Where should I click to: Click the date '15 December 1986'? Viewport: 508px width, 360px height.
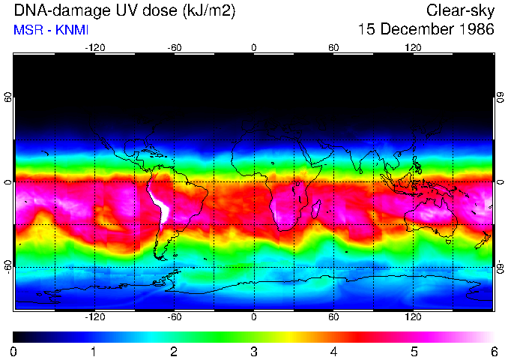426,30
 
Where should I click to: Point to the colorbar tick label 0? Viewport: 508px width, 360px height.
14,351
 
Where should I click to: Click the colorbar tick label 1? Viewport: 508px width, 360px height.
94,351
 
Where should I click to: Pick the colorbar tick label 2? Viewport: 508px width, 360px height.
174,351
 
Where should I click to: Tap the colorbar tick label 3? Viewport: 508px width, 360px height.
253,351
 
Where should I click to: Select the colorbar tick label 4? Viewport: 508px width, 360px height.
333,351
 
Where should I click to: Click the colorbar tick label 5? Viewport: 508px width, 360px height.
414,351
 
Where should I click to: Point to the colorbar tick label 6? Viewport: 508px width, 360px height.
493,351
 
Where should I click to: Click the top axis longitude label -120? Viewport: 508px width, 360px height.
94,48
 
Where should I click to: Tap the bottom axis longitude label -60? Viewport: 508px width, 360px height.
174,316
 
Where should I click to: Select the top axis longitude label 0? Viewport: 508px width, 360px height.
254,48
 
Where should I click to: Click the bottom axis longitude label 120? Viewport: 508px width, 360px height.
413,316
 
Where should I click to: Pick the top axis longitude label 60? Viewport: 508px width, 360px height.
333,48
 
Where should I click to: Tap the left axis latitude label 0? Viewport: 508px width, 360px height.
7,182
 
